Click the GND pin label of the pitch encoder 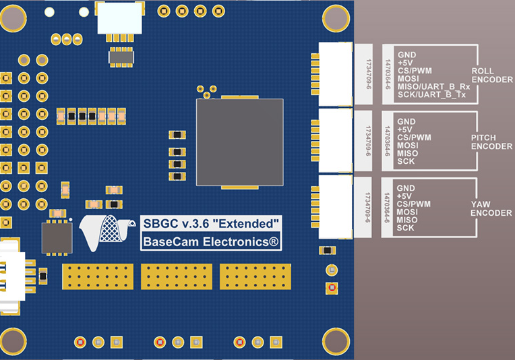(x=406, y=121)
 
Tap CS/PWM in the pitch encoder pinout (x=414, y=138)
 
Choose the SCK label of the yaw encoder (x=406, y=228)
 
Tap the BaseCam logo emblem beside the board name (x=104, y=230)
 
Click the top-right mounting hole (x=335, y=16)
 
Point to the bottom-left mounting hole (x=13, y=341)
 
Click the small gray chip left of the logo (x=57, y=237)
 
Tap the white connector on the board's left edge (x=12, y=276)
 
